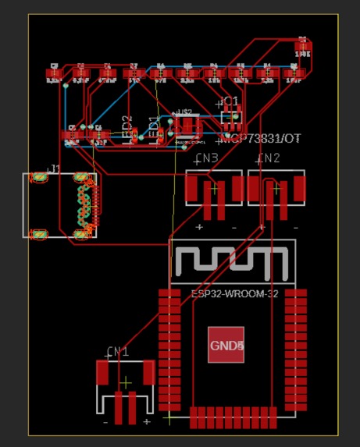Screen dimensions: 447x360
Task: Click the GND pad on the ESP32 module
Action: click(x=226, y=346)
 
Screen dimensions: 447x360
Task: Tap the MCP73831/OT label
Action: click(x=260, y=138)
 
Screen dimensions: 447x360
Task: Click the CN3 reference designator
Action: click(x=206, y=159)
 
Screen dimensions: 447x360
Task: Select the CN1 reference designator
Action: click(x=118, y=353)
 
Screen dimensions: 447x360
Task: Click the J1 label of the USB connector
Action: click(x=54, y=168)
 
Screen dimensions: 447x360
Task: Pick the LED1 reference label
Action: click(x=155, y=129)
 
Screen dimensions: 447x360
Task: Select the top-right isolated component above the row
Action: click(x=303, y=48)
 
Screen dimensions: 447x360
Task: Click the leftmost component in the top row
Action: click(x=54, y=73)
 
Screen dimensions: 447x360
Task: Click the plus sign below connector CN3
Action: click(x=199, y=227)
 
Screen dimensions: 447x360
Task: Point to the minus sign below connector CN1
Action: click(x=105, y=422)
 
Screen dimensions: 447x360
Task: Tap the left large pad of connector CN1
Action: click(x=102, y=373)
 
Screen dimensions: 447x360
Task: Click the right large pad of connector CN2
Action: click(x=299, y=188)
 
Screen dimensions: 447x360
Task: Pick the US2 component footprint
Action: click(x=187, y=125)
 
